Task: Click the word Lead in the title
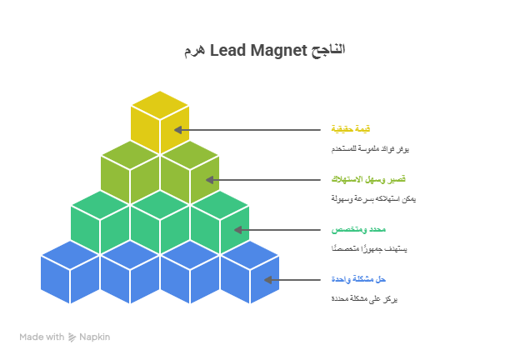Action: (x=227, y=50)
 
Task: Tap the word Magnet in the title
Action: (x=278, y=50)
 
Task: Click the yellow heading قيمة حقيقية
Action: (x=350, y=129)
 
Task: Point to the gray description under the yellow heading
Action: (x=369, y=148)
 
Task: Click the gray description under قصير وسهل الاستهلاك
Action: (x=373, y=198)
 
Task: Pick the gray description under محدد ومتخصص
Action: (x=369, y=248)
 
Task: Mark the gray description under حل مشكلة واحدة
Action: (x=364, y=298)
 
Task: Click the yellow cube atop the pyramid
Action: (x=160, y=125)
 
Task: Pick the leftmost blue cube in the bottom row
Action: (x=70, y=275)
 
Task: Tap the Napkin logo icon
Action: (x=72, y=337)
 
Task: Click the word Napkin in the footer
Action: (x=94, y=337)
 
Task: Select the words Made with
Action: (x=42, y=337)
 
